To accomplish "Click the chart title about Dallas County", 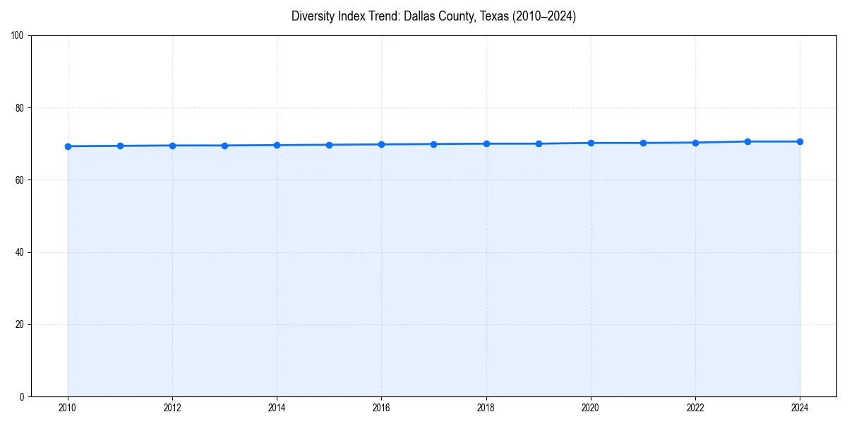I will click(433, 16).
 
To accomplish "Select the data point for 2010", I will click(68, 146).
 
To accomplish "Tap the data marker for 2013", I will click(224, 146).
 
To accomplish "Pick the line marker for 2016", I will click(381, 144).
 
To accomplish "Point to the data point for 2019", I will click(539, 143).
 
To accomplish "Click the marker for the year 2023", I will click(747, 141).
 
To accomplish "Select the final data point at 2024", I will click(800, 141).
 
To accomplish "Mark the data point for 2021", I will click(643, 143).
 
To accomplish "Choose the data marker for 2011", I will click(120, 146).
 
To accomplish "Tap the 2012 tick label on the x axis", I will click(172, 408).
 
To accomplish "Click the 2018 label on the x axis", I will click(486, 408).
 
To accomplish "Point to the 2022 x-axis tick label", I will click(695, 408).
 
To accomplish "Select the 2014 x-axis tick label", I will click(277, 408).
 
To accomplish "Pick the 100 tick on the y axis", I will click(18, 36).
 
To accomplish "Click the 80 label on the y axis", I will click(20, 108).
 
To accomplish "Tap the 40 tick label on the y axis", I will click(20, 252).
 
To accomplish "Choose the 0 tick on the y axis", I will click(22, 396).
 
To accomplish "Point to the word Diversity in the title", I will click(311, 16).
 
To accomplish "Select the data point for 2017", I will click(433, 144).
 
